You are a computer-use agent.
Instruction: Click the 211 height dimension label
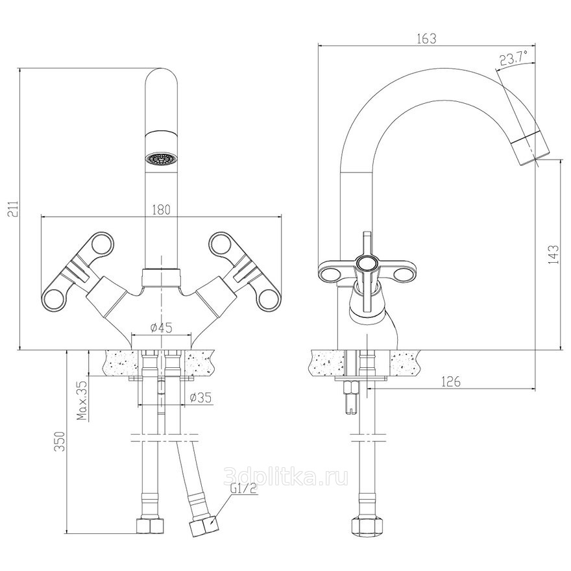point(12,210)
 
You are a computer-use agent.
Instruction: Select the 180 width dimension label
point(161,210)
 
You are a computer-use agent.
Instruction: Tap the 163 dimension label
point(427,38)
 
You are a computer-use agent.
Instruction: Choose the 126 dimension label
point(451,382)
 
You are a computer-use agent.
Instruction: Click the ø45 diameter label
point(162,328)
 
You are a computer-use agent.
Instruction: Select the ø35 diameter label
point(201,397)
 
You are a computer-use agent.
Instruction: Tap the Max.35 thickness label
point(84,400)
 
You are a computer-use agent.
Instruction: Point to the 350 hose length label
point(59,441)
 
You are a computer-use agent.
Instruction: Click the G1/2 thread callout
point(244,489)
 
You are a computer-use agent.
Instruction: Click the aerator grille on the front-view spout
point(161,159)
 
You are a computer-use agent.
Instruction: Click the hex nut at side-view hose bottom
point(367,526)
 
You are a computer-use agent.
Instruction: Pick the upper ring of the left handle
point(102,243)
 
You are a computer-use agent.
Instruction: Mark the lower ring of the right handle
point(270,300)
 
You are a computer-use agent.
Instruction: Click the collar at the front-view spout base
point(161,277)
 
